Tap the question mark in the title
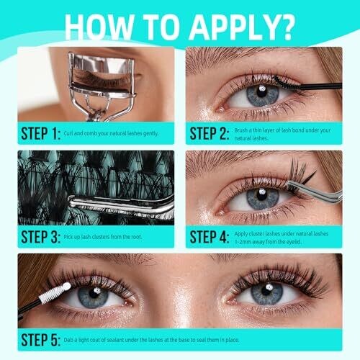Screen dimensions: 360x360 pyautogui.click(x=287, y=27)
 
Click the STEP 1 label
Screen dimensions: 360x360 pyautogui.click(x=40, y=133)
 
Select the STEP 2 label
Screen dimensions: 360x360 pyautogui.click(x=209, y=133)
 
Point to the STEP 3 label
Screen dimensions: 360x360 pyautogui.click(x=40, y=237)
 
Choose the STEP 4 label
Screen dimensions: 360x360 pyautogui.click(x=209, y=237)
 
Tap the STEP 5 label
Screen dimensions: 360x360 pyautogui.click(x=40, y=340)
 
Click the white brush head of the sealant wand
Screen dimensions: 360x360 pyautogui.click(x=55, y=293)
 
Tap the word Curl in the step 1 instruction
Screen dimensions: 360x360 pyautogui.click(x=68, y=133)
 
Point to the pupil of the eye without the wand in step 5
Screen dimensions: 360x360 pyautogui.click(x=267, y=291)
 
